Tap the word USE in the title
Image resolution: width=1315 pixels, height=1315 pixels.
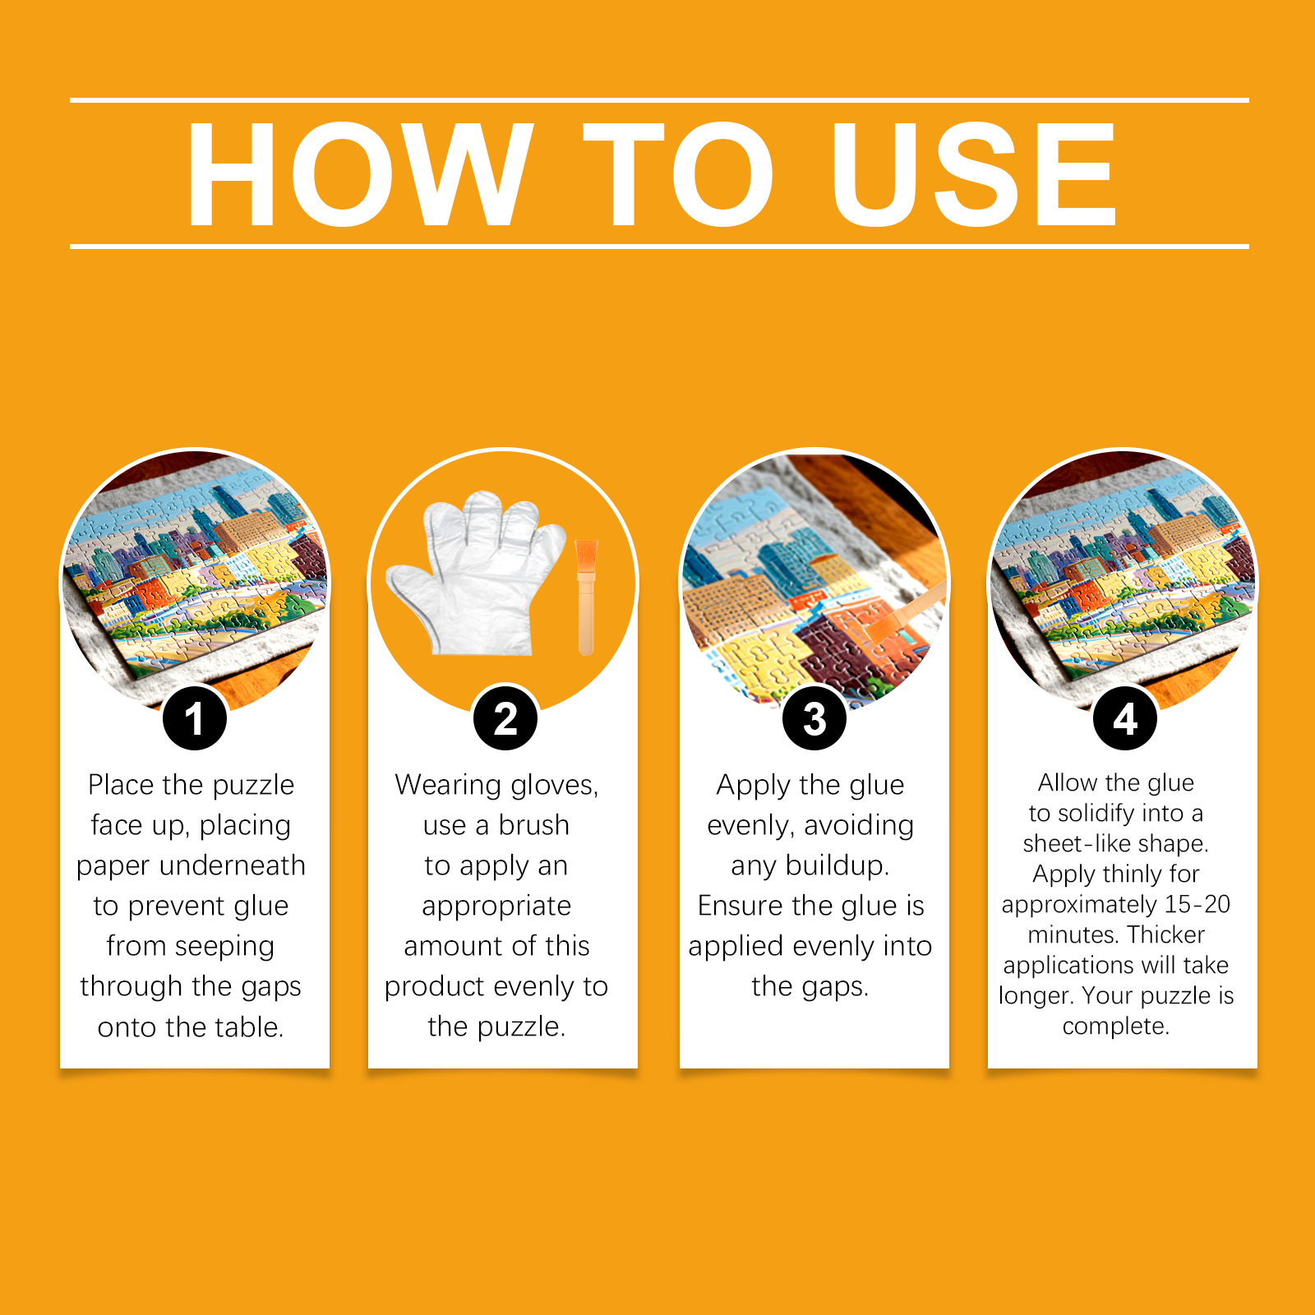click(974, 173)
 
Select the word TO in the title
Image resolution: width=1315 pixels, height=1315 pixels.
click(679, 173)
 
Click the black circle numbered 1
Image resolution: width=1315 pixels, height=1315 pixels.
click(195, 718)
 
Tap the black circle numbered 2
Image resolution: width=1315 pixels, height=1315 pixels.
click(505, 718)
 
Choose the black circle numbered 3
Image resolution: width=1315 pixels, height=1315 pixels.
click(814, 718)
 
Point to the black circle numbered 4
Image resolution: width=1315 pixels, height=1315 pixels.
click(1125, 718)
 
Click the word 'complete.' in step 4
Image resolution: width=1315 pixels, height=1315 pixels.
click(1115, 1027)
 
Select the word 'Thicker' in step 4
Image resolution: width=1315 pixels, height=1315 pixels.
click(1166, 934)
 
